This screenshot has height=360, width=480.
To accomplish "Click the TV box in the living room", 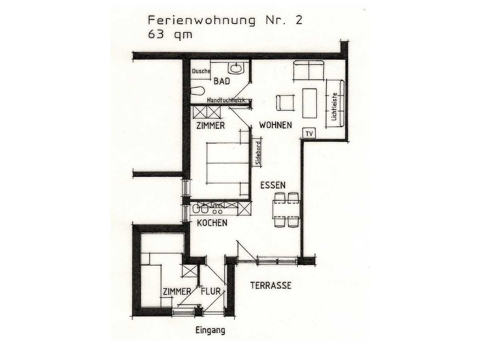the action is coord(309,133).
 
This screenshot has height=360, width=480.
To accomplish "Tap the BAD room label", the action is coord(222,81).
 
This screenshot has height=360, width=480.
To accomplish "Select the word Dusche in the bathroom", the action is coord(201,71).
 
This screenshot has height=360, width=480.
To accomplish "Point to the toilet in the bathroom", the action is coord(198,91).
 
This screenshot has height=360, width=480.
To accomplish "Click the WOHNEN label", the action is coord(276,125).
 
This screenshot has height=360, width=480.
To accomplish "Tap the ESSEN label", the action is coord(273,185).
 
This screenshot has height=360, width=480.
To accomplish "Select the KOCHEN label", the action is coord(212,223).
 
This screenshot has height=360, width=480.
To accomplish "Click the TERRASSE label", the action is coord(271,286).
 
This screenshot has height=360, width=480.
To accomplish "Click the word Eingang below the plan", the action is coord(210,330).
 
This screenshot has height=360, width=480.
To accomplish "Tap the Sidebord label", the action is coord(258,153).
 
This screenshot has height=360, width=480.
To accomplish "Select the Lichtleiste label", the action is coord(334,107).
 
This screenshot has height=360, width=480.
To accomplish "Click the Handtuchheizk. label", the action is coord(227,100).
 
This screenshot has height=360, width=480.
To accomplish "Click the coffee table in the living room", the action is coord(310,103).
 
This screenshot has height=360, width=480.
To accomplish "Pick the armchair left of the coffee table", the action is coord(285,102).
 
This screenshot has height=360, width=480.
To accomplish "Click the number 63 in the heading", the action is coord(156,34).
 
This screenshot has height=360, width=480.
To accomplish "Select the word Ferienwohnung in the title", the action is coord(202,21).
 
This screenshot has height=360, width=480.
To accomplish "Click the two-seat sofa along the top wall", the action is coord(308,70).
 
